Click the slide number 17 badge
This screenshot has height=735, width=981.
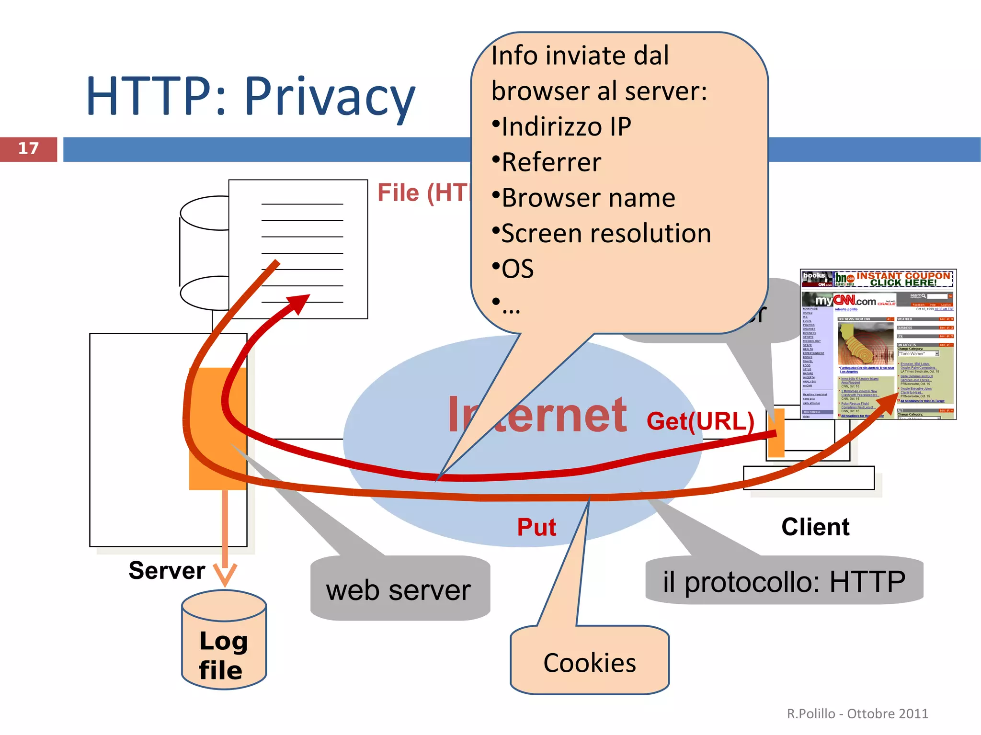coord(28,149)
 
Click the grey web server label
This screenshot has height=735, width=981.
coord(399,590)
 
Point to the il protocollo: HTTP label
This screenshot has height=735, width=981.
coord(784,581)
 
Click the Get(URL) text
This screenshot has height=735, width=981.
coord(700,421)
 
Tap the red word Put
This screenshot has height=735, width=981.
coord(536,527)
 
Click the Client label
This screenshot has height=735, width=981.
coord(815,527)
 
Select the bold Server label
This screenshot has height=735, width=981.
coord(167,570)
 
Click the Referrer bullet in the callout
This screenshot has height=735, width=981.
coord(551,162)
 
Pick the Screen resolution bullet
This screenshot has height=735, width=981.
coord(605,234)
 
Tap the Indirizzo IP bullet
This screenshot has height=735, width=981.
coord(565,127)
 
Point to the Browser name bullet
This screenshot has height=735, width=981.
coord(588,198)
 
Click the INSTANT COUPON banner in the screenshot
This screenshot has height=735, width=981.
coord(902,279)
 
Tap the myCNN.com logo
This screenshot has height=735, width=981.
coord(848,301)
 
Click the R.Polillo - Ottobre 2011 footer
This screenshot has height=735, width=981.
coord(857,713)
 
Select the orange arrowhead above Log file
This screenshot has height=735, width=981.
coord(225,574)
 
